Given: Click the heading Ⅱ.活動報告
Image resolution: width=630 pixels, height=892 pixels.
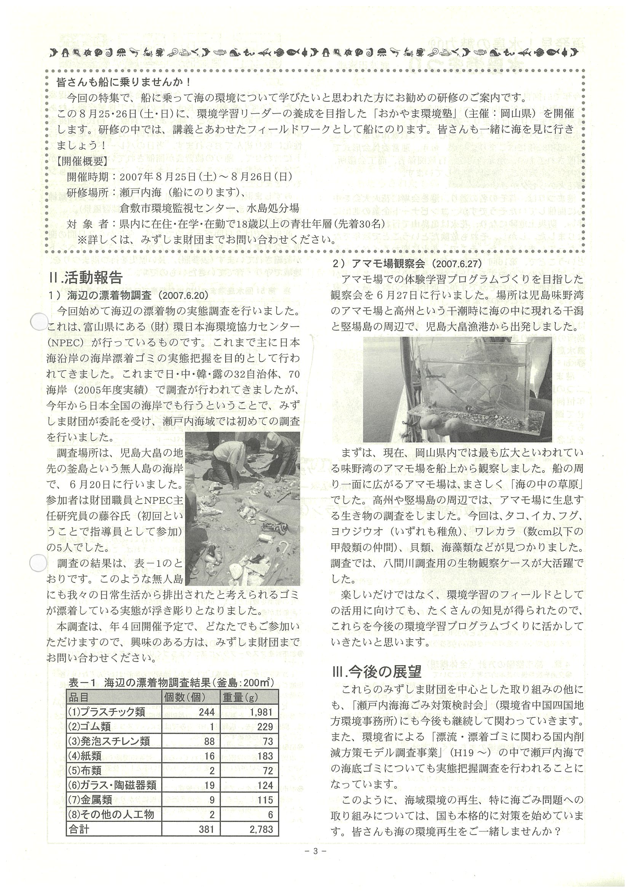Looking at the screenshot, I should coord(86,278).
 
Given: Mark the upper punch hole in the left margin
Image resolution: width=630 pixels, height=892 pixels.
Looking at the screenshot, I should coord(39,322).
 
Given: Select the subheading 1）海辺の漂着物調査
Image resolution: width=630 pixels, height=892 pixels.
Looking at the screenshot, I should coord(128,295).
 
